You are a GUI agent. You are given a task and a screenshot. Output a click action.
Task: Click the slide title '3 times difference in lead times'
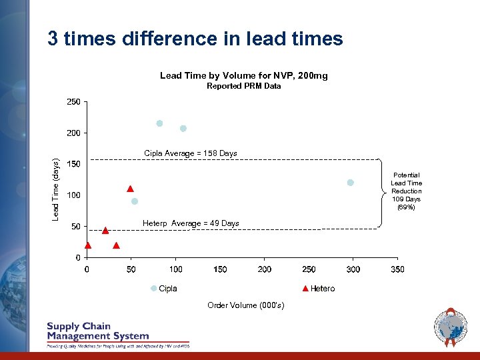click(x=195, y=39)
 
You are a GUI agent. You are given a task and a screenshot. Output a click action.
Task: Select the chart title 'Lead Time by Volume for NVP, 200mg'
click(x=243, y=75)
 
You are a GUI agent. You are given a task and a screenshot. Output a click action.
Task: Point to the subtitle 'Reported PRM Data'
click(x=243, y=86)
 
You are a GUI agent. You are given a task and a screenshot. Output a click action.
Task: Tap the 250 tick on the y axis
click(x=73, y=102)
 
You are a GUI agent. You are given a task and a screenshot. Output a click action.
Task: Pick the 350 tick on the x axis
click(x=397, y=269)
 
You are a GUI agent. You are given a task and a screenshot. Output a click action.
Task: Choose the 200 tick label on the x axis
click(x=265, y=269)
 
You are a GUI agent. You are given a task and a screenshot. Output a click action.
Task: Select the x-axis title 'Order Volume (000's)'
click(x=246, y=305)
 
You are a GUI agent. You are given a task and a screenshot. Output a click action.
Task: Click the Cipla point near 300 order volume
click(x=351, y=183)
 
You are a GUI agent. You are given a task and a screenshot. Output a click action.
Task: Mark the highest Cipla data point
click(x=159, y=123)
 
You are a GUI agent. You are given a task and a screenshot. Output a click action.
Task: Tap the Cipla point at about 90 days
click(x=135, y=201)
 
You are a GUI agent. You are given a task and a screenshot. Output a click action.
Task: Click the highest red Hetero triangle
click(x=131, y=189)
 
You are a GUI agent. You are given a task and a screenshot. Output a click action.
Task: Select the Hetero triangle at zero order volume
click(x=88, y=245)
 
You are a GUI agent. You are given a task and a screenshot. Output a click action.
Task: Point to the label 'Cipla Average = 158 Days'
click(x=191, y=153)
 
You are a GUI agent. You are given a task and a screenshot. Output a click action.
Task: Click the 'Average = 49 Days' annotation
click(x=191, y=223)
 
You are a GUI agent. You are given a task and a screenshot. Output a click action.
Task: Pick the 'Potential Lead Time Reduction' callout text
click(x=406, y=191)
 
